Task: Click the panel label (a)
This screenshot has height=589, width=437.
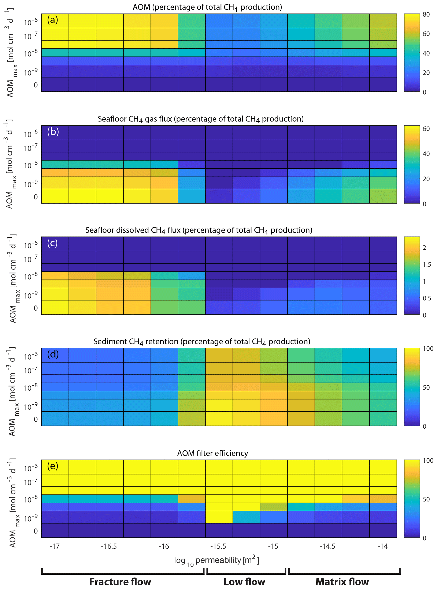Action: coord(52,20)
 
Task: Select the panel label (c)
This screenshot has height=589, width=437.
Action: coord(52,243)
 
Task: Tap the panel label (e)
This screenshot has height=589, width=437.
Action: coord(52,466)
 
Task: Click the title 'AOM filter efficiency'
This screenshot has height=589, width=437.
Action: coord(212,453)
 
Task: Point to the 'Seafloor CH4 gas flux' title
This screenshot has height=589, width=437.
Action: coord(200,119)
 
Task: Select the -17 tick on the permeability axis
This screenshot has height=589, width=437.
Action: coord(55,546)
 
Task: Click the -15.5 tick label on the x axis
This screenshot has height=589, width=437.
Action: coord(218,546)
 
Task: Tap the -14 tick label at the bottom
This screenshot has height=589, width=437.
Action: coord(382,546)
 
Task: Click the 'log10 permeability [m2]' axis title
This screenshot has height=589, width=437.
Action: coord(216,560)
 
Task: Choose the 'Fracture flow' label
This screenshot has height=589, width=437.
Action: coord(120,582)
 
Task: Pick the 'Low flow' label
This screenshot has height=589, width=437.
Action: coord(244,582)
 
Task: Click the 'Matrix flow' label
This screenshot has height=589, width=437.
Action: coord(342,582)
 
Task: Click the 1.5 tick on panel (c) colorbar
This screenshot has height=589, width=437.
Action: coord(427,264)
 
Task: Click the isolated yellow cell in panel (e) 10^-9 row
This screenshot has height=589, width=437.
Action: coord(219,517)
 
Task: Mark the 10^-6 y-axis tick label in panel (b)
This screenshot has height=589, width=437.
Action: coord(31,134)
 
